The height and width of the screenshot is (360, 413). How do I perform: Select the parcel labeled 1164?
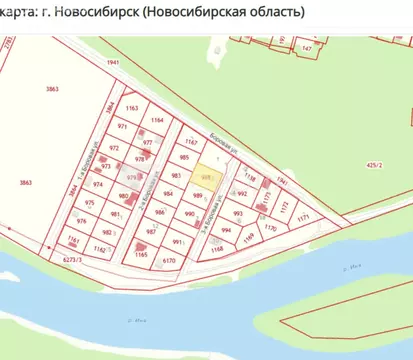156,120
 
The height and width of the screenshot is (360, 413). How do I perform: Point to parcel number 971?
123,128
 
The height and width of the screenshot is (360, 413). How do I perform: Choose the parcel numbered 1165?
141,256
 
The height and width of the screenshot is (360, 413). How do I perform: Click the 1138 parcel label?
250,177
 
